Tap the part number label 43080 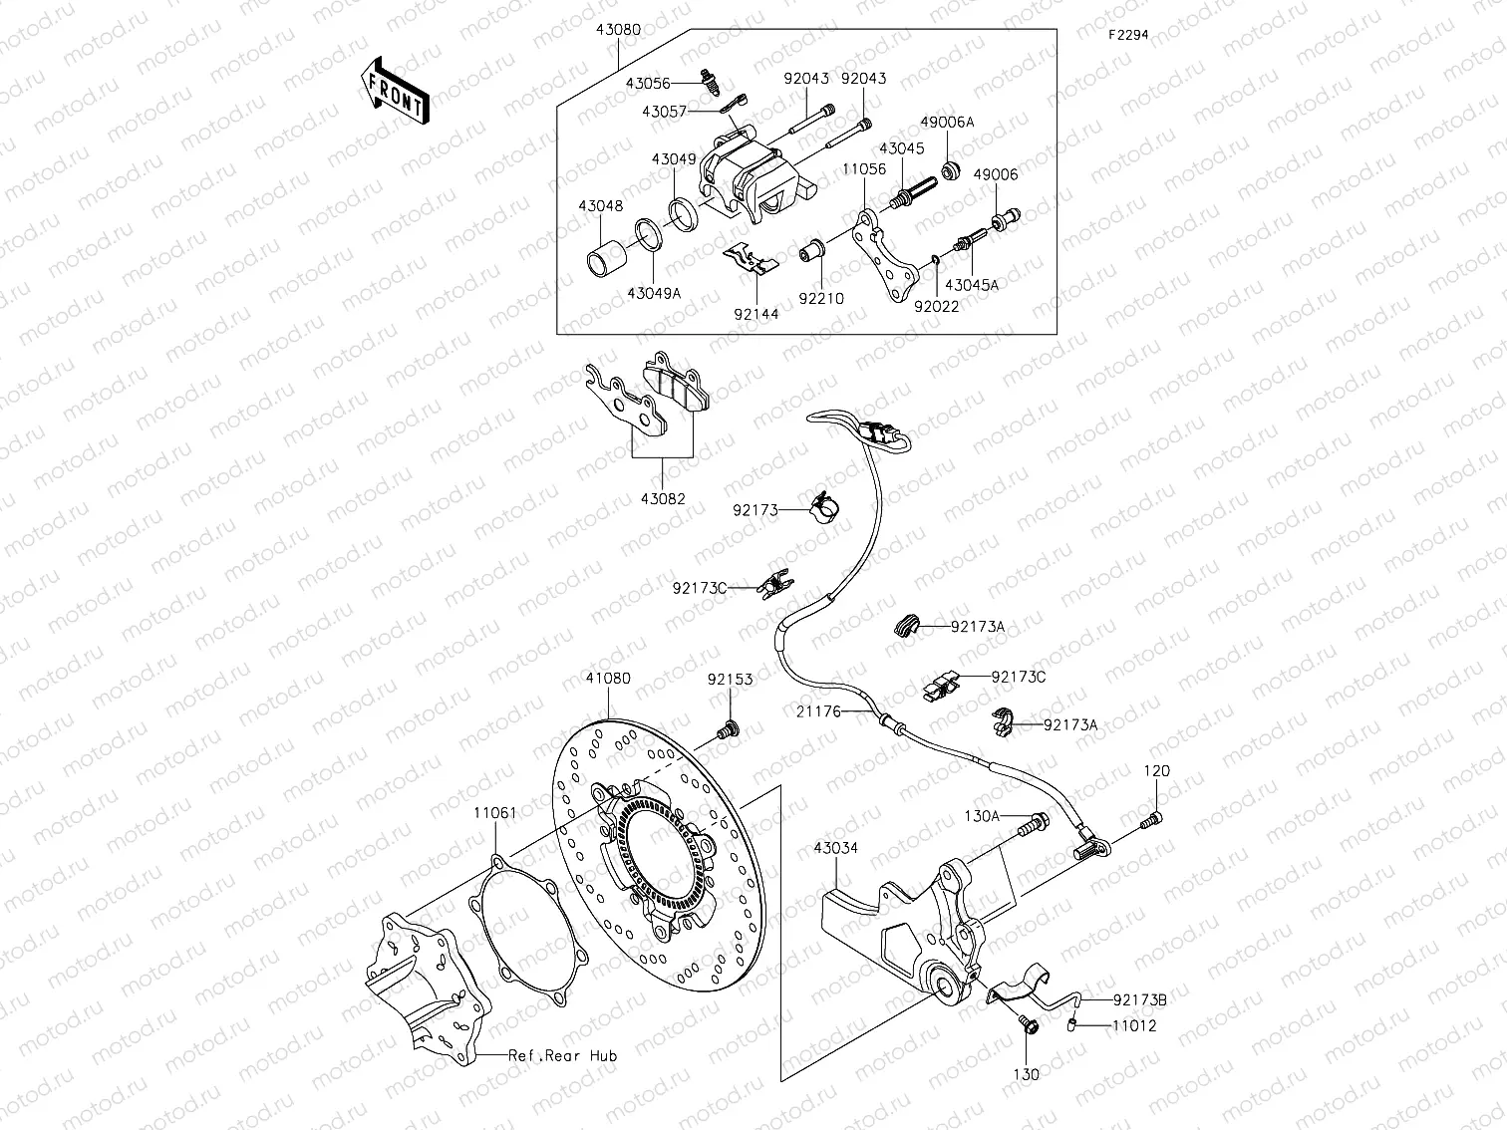[618, 30]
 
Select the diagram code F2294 [1129, 34]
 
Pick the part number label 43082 [663, 498]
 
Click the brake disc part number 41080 [607, 679]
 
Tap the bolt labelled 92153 [728, 730]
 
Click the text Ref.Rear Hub [562, 1055]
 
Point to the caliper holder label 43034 [835, 848]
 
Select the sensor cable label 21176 [818, 711]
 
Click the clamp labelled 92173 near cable [824, 507]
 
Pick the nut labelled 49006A [951, 169]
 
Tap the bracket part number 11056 [863, 169]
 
